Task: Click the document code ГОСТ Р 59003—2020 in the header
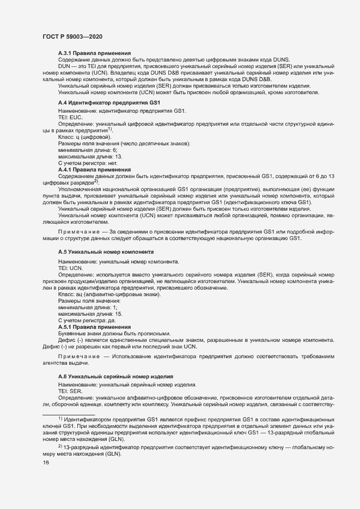(72, 36)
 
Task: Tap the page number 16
(46, 463)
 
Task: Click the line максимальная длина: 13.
(86, 157)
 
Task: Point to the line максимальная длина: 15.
(86, 314)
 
